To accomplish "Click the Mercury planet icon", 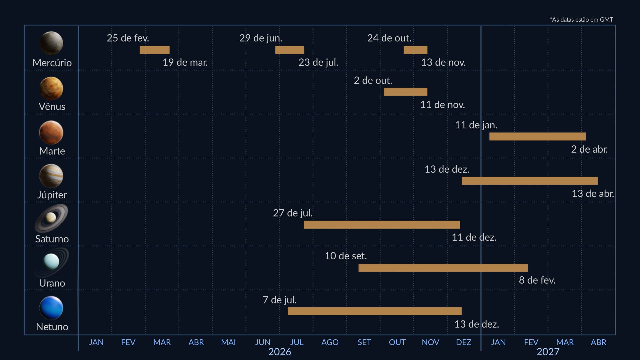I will (51, 43).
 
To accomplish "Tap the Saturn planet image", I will (51, 218).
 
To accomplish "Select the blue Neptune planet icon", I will (51, 308).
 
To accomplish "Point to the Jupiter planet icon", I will (51, 176).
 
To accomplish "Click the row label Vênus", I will (52, 106).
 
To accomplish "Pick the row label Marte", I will (52, 151).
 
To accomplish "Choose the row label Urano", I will (52, 283).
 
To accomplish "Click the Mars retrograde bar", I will (537, 136).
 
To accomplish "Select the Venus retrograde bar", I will (405, 92).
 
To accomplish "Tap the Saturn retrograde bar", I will (382, 225).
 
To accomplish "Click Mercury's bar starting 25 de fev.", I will (154, 50).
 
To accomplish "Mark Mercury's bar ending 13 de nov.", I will (415, 50).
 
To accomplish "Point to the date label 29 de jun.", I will (261, 38).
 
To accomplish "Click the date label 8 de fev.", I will (537, 280).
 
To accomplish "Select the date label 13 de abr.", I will (593, 193).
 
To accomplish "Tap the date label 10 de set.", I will (346, 256).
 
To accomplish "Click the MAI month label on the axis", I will (228, 342).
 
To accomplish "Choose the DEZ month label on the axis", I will (463, 342).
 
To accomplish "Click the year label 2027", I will (548, 352).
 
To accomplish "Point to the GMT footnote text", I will (581, 20).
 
